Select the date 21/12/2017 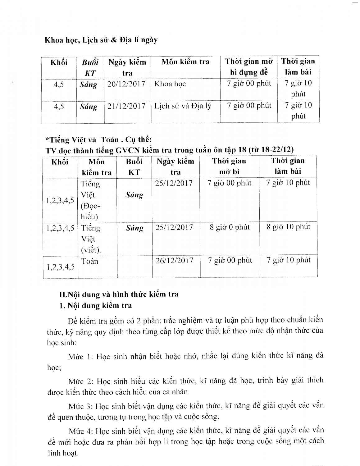(126, 106)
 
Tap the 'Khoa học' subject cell (170, 84)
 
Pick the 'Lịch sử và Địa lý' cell (183, 106)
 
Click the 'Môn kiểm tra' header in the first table (185, 62)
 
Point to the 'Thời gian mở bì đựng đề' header (249, 67)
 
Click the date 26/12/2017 (174, 260)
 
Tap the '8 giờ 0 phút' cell (230, 227)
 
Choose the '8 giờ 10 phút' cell (288, 227)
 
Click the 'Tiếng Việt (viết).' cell (91, 239)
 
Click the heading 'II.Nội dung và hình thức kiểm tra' (119, 294)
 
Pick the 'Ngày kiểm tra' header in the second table (175, 167)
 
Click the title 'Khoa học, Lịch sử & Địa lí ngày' (101, 40)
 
